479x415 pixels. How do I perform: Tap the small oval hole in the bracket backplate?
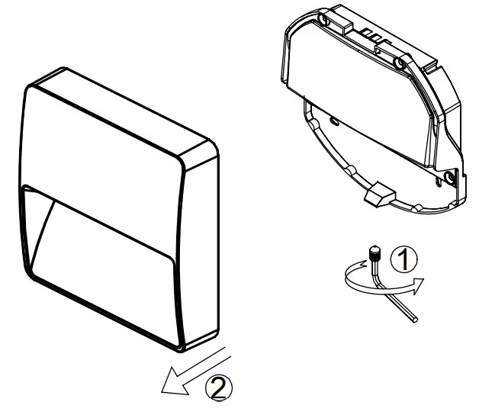(334, 121)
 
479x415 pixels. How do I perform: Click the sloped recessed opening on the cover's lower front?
(107, 244)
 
